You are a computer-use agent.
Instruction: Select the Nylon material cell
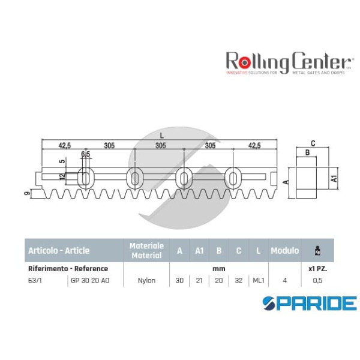pos(146,280)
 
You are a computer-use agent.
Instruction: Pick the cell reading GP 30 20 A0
pos(90,280)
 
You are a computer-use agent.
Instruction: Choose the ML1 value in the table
pos(259,280)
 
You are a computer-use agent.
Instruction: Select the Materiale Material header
pos(146,251)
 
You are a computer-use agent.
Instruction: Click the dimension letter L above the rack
pos(161,136)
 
